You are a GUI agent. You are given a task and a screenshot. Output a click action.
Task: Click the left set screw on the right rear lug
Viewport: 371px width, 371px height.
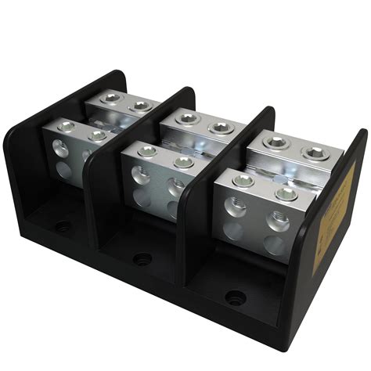coord(276,142)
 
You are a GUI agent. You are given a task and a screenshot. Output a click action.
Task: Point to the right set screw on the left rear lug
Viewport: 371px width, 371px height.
coord(141,105)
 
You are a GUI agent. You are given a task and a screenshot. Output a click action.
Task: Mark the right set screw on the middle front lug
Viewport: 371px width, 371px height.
coord(183,162)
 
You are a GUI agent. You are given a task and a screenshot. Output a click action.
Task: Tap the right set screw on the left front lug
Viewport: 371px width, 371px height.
coord(97,135)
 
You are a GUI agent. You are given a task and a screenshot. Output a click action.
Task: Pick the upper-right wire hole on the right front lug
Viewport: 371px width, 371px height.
coord(274,219)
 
